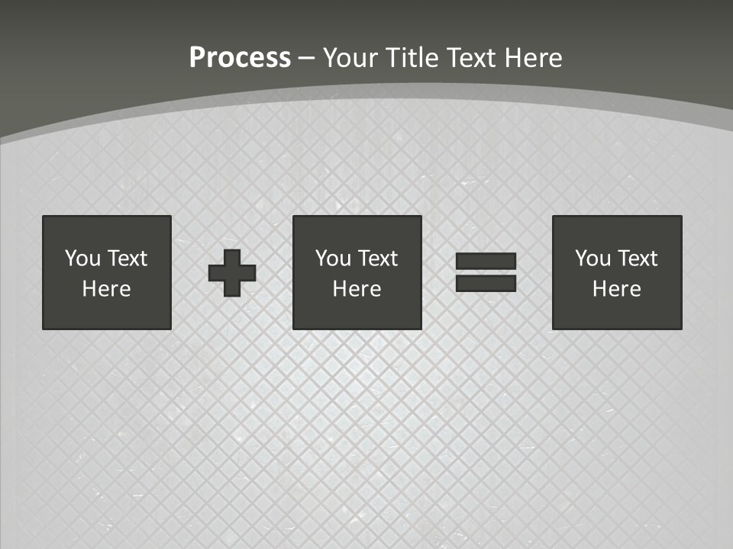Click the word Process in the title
240,58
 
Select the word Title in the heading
413,58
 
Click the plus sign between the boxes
232,272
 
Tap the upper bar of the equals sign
486,262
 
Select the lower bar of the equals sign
486,283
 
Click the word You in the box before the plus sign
82,258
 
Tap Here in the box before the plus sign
106,289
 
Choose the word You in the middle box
333,258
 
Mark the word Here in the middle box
357,289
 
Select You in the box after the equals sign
593,258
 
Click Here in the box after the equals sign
616,289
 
